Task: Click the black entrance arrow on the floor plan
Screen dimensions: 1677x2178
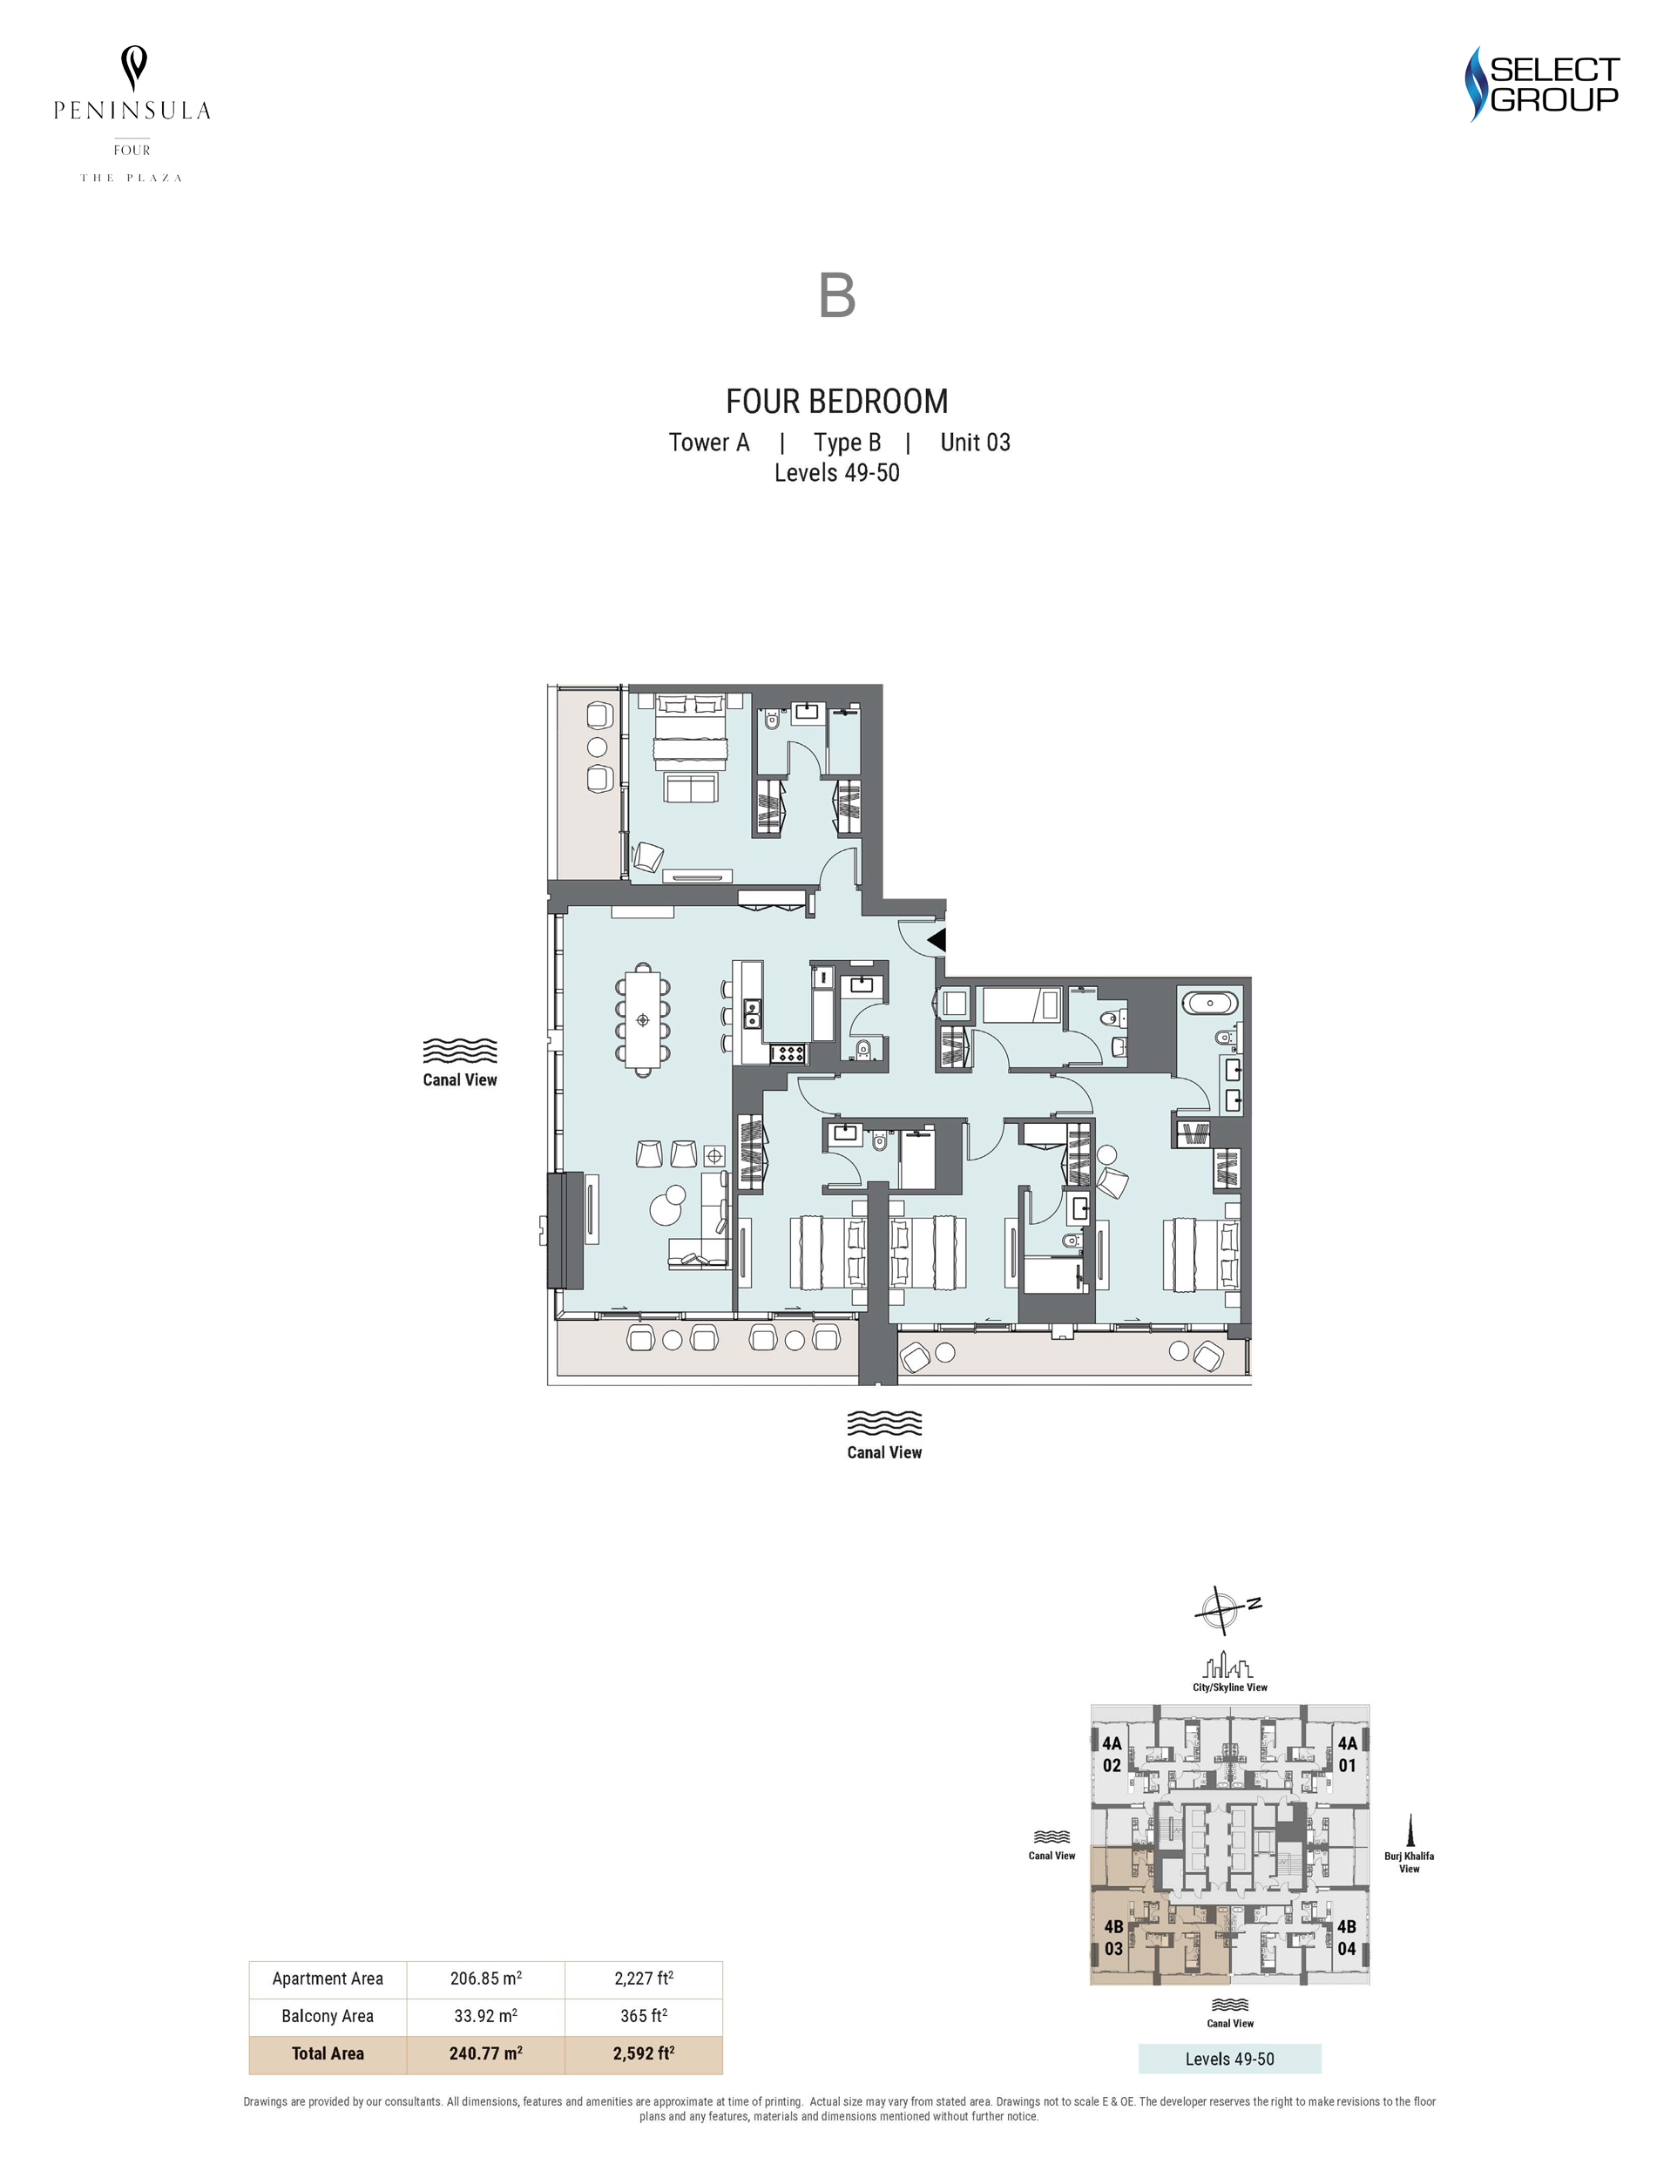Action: tap(937, 939)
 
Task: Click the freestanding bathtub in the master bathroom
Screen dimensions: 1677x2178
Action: tap(1207, 1001)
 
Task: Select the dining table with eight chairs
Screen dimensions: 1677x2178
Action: tap(643, 1019)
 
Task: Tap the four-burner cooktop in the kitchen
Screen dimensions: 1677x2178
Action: tap(788, 1052)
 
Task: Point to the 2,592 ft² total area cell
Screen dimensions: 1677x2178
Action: tap(644, 2053)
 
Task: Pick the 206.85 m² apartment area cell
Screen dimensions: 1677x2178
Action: tap(485, 1978)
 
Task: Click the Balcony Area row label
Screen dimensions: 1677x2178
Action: tap(327, 2015)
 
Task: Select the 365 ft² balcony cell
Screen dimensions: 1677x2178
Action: tap(644, 2015)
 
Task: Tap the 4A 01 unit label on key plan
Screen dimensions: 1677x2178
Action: tap(1347, 1755)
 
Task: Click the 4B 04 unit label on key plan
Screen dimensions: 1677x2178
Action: tap(1346, 1938)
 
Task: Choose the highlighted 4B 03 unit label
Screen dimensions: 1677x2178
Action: tap(1113, 1938)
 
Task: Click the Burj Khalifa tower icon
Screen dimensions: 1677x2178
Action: tap(1409, 1831)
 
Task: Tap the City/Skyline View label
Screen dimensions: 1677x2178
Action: tap(1229, 1688)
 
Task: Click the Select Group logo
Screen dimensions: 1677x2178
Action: tap(1541, 84)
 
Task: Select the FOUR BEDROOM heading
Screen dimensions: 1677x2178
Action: tap(836, 401)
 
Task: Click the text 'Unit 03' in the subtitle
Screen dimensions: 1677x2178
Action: tap(975, 442)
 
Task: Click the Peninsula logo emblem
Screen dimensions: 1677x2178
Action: tap(133, 69)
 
